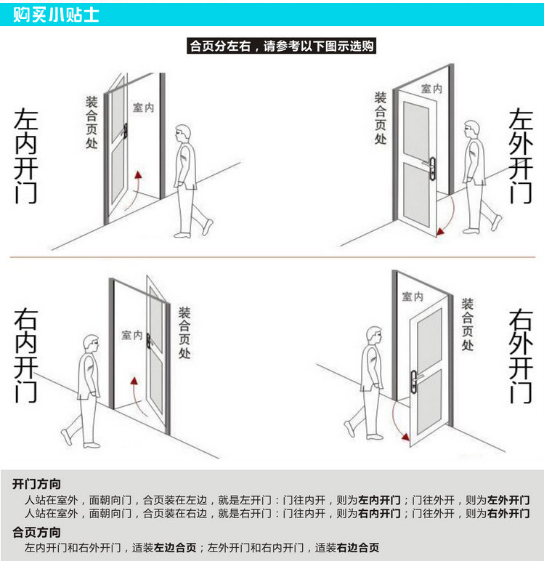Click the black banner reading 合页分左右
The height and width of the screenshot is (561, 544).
pyautogui.click(x=281, y=47)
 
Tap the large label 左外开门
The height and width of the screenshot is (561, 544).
pyautogui.click(x=520, y=157)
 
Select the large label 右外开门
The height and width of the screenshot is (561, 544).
pyautogui.click(x=520, y=356)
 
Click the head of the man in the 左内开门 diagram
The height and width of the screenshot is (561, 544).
pyautogui.click(x=184, y=134)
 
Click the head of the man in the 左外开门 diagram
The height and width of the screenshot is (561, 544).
pyautogui.click(x=472, y=129)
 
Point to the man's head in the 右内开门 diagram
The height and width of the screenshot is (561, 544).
pyautogui.click(x=90, y=344)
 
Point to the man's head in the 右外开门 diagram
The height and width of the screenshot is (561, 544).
pyautogui.click(x=373, y=336)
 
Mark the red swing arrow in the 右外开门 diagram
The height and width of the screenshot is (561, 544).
pyautogui.click(x=396, y=420)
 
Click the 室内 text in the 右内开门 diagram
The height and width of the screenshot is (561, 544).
pyautogui.click(x=131, y=335)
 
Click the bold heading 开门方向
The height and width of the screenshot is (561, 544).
pyautogui.click(x=36, y=484)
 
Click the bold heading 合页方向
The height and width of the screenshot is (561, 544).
pyautogui.click(x=36, y=532)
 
